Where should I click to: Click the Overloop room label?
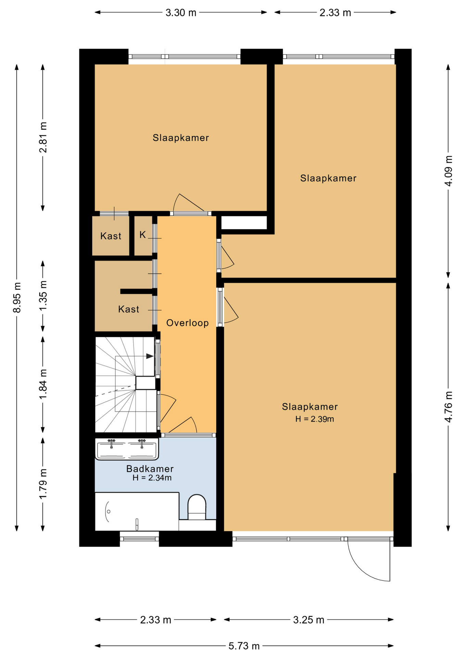[x=187, y=323]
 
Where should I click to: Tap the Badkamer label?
[x=150, y=468]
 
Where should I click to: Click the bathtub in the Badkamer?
[x=137, y=511]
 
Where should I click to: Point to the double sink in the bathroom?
[x=127, y=449]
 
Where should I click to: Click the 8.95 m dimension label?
[x=17, y=297]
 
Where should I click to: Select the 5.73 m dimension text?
[x=244, y=646]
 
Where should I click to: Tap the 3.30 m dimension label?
[x=181, y=13]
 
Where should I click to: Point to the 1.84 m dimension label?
[x=43, y=384]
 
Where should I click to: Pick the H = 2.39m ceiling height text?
[x=315, y=419]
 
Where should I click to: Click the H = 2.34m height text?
[x=152, y=478]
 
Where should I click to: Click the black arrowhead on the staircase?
[x=150, y=356]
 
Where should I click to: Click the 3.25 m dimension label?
[x=309, y=620]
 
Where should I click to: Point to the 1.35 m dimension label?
[x=43, y=296]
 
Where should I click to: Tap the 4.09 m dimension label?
[x=448, y=171]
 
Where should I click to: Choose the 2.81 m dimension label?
[x=43, y=137]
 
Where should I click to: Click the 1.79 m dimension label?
[x=43, y=484]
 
